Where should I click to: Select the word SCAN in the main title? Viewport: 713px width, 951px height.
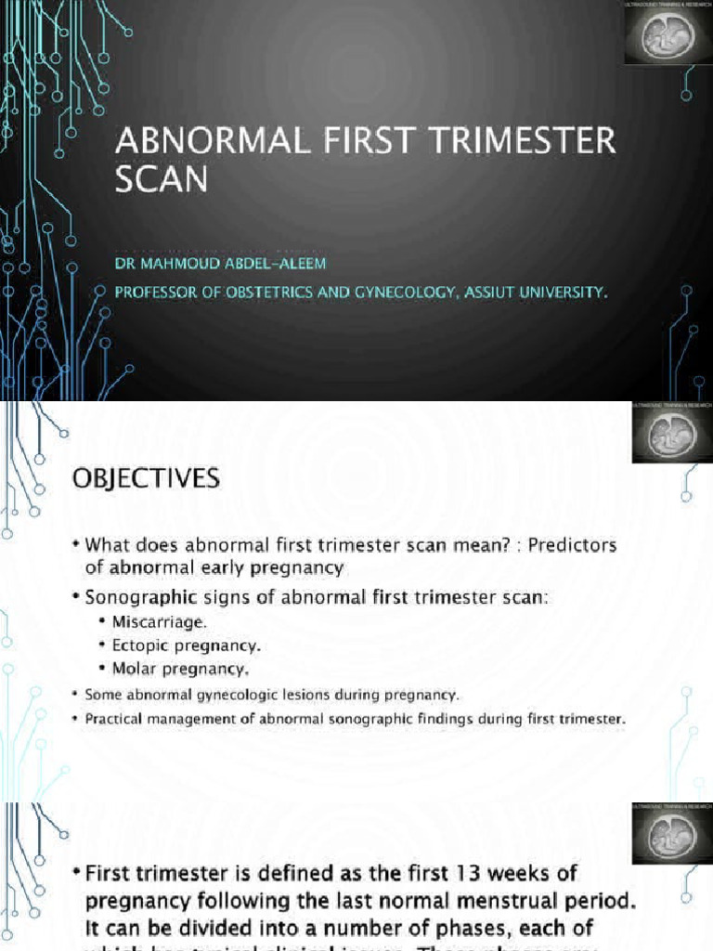[x=162, y=179]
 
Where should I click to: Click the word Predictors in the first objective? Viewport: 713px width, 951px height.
[x=574, y=544]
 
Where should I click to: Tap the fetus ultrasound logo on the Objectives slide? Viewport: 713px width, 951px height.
[x=672, y=433]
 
